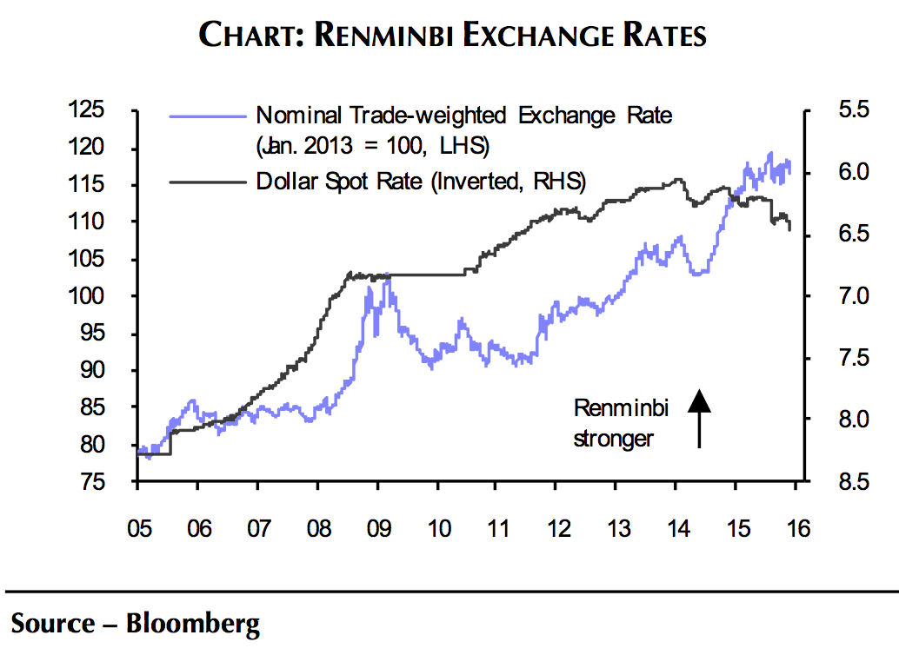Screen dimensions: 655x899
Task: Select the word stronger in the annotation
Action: (613, 439)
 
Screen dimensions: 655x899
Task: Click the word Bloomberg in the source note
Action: (193, 624)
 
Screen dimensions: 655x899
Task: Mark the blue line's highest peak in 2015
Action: (769, 154)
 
